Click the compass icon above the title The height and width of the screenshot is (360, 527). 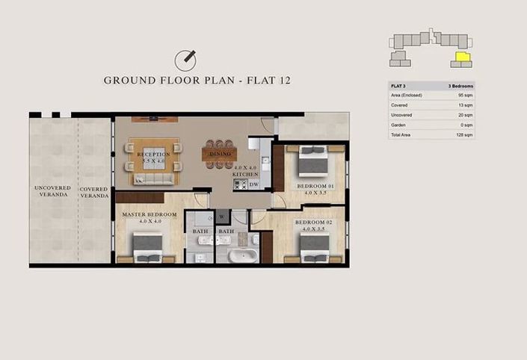(185, 59)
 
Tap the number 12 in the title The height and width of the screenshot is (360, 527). (280, 81)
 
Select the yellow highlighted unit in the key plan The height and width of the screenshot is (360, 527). (463, 56)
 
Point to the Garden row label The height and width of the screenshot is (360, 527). (400, 125)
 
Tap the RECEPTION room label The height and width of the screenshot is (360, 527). (153, 155)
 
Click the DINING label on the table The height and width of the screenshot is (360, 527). (221, 155)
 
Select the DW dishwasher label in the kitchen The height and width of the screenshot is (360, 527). (253, 184)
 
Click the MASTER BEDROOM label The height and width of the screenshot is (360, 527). (150, 215)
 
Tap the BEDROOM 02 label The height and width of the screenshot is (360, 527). (311, 223)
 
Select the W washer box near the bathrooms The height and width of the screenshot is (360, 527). (222, 218)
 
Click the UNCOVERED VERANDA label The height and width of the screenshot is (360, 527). (53, 190)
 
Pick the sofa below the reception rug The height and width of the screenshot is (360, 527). (152, 179)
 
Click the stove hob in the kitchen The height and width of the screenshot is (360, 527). (241, 184)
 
